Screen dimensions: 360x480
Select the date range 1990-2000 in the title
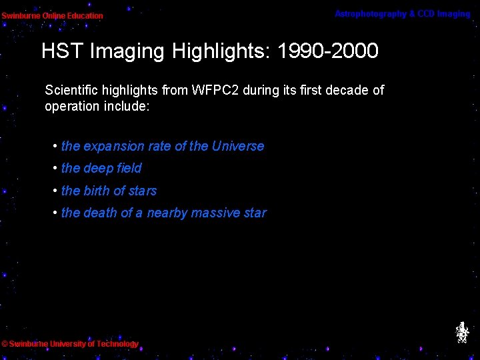pyautogui.click(x=329, y=51)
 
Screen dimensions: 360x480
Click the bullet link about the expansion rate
pyautogui.click(x=162, y=146)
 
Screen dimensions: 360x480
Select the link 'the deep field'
pyautogui.click(x=101, y=168)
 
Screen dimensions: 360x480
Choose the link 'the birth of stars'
pyautogui.click(x=109, y=191)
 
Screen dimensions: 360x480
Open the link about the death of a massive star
pyautogui.click(x=163, y=213)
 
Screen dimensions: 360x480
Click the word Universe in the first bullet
pyautogui.click(x=238, y=146)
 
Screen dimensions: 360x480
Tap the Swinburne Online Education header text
pyautogui.click(x=52, y=15)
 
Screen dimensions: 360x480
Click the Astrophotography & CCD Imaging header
pyautogui.click(x=402, y=14)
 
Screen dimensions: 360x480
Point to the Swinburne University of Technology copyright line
pyautogui.click(x=70, y=344)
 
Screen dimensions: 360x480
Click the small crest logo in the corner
pyautogui.click(x=461, y=333)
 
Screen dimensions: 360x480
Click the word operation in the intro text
pyautogui.click(x=71, y=107)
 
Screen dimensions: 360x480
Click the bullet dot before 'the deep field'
pyautogui.click(x=55, y=168)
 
